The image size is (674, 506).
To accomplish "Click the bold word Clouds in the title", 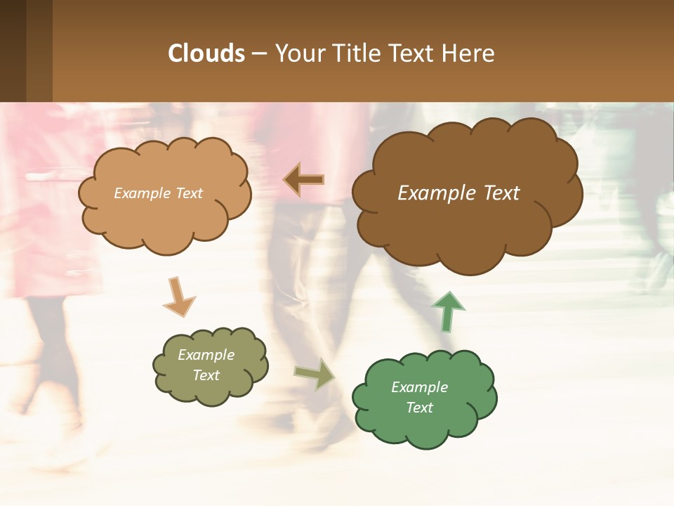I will pos(206,53).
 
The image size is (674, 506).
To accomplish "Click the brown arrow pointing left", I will pos(304,180).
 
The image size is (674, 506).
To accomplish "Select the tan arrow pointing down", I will pos(178,297).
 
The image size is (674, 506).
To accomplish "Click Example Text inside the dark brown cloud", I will pos(458,193).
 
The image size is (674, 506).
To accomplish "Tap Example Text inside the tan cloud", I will pos(158,193).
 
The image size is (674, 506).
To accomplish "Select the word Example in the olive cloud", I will pos(206,355).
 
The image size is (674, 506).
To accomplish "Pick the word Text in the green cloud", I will pos(419,408).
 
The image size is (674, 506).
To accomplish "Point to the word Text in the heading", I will pos(414,53).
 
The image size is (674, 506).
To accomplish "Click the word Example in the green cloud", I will pos(419,387).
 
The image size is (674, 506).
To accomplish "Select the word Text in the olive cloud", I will pos(206,375).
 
